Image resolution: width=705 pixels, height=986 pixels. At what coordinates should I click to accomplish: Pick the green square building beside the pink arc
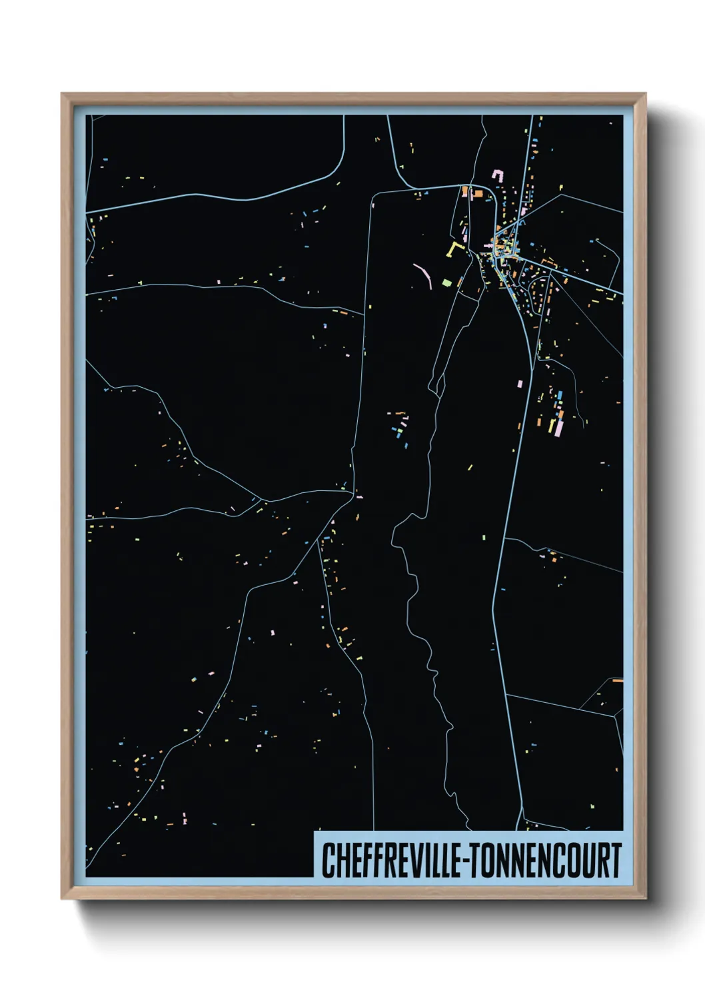tap(446, 282)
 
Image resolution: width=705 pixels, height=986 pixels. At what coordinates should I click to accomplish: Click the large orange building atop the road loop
tap(477, 193)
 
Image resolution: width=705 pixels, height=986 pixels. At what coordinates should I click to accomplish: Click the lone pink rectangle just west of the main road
tap(520, 383)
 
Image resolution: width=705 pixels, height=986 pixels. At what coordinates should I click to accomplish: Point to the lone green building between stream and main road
tap(470, 467)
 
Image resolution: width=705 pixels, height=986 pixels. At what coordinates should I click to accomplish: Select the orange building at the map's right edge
tap(618, 680)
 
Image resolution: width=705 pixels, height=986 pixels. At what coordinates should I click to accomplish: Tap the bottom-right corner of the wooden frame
tap(646, 898)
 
